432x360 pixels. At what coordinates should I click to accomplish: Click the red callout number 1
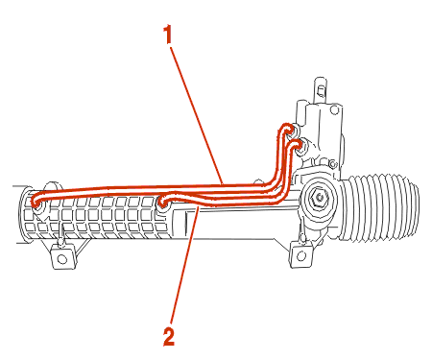pos(168,35)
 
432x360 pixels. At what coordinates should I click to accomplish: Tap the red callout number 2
pos(169,336)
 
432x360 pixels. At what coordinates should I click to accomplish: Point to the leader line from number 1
pos(197,115)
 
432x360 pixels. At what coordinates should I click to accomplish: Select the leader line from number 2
pos(185,265)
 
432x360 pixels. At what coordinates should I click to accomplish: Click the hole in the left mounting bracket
pos(62,258)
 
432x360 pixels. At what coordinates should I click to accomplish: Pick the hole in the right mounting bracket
pos(301,255)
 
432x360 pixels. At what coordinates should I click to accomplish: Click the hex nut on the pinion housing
pos(318,198)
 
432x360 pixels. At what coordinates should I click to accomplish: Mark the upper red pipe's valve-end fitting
pos(290,130)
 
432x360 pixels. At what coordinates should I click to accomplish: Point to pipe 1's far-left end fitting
pos(37,203)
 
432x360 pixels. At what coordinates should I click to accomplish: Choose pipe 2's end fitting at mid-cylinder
pos(164,202)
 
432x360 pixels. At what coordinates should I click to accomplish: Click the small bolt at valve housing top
pos(334,110)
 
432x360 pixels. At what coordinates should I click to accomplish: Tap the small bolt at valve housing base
pos(332,164)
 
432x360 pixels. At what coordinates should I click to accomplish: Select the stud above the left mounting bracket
pos(60,235)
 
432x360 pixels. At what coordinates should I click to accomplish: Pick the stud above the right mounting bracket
pos(301,234)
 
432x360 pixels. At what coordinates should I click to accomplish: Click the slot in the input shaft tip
pos(320,91)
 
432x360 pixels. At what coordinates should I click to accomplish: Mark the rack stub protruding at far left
pos(18,214)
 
